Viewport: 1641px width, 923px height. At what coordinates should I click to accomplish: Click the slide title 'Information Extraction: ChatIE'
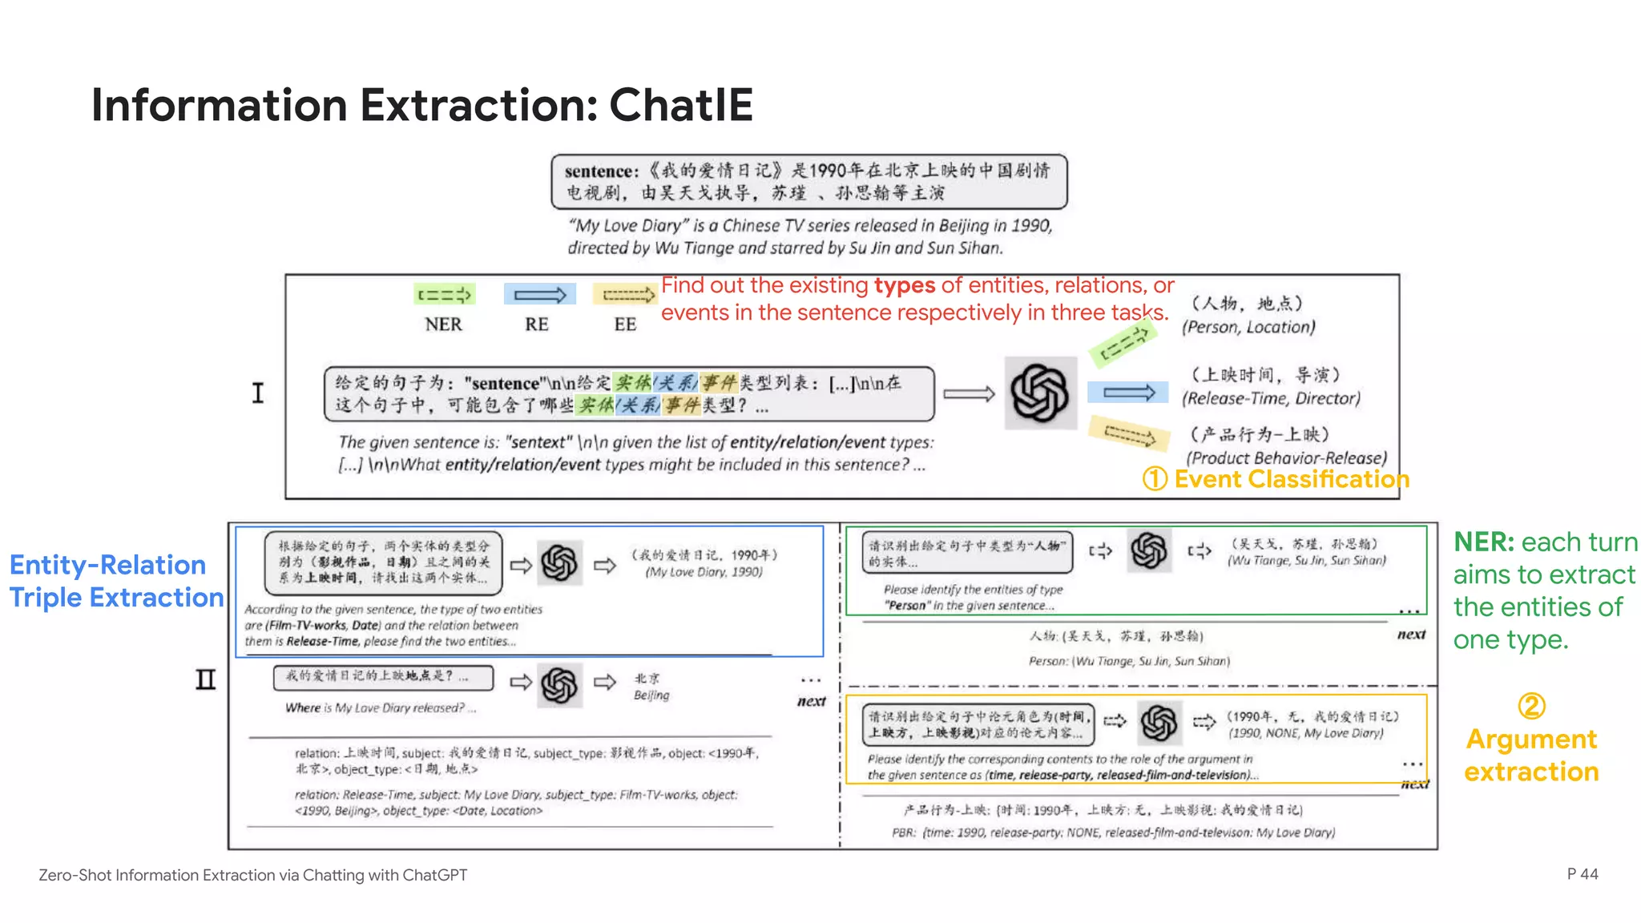(422, 105)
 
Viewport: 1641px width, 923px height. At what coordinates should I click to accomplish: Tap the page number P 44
(1582, 874)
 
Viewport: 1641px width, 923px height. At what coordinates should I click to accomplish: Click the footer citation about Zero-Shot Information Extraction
(252, 875)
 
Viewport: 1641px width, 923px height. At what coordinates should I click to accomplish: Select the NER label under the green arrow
(443, 324)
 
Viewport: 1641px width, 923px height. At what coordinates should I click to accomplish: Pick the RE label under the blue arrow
(537, 324)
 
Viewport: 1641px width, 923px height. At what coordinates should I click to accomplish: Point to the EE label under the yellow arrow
(625, 324)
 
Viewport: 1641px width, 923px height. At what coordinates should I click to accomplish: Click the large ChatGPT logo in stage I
(1040, 393)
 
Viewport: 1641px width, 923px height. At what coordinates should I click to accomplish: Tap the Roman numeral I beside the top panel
(257, 393)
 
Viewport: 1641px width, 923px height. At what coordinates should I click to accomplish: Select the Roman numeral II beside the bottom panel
(206, 680)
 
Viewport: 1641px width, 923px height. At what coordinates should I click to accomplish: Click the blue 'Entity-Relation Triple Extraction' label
(116, 581)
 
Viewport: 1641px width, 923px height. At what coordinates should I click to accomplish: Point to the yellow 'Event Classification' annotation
(1291, 479)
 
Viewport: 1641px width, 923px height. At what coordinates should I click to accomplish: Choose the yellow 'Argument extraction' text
(1531, 755)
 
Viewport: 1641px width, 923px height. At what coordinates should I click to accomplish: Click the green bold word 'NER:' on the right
(1484, 542)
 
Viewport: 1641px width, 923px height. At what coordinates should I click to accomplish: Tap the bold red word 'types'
(905, 285)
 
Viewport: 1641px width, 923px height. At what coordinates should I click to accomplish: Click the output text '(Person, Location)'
(1248, 327)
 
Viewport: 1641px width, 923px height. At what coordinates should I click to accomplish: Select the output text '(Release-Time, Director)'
(1271, 398)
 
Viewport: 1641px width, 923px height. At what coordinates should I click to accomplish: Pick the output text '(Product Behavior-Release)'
(1286, 457)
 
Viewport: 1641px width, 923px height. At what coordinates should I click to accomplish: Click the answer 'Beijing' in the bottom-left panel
(651, 695)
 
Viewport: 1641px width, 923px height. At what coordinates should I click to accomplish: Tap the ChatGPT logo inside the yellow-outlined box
(1159, 723)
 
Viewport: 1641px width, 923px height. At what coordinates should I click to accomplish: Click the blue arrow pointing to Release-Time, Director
(1128, 393)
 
